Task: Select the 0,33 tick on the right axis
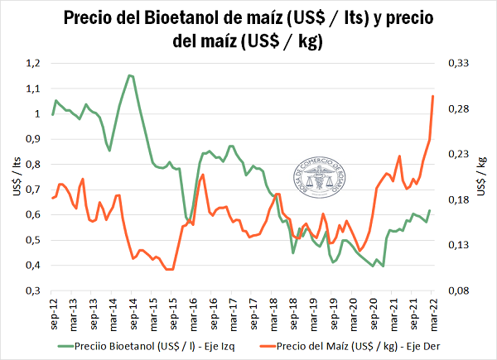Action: point(457,63)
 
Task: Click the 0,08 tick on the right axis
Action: point(457,291)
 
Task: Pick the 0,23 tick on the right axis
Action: point(457,154)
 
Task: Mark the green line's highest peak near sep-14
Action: point(129,75)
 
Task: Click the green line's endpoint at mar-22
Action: point(430,210)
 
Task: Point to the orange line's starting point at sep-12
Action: point(52,198)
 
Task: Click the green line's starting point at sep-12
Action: point(52,114)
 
